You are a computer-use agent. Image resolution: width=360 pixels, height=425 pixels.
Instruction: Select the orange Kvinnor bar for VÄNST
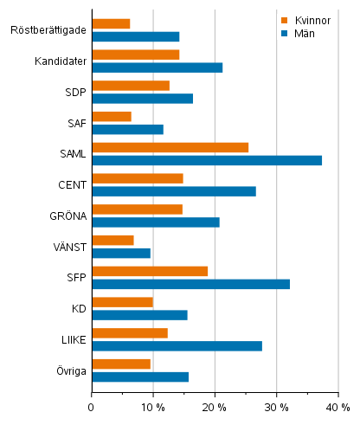pos(112,240)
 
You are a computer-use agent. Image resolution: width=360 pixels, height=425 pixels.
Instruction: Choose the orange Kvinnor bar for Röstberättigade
pos(111,23)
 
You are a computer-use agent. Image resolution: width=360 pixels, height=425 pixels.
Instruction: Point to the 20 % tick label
pos(215,407)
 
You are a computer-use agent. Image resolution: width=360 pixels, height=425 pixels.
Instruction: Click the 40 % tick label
pos(338,407)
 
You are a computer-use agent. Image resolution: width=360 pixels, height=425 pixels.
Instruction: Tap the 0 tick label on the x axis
pos(92,407)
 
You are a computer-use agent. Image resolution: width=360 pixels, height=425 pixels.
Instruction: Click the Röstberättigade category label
pos(48,30)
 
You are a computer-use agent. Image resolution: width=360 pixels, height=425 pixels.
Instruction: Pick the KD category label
pos(77,308)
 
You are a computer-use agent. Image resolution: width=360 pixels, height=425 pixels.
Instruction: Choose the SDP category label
pos(74,92)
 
